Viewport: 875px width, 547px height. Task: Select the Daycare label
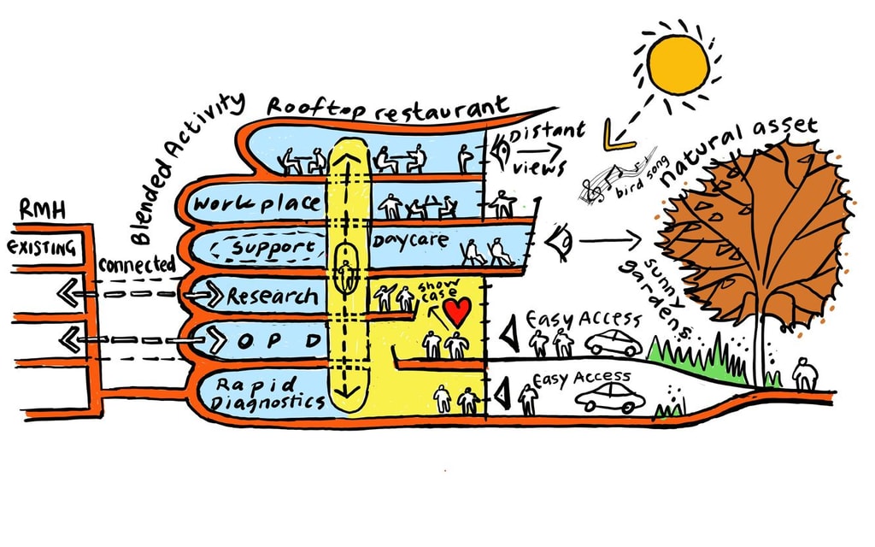(409, 240)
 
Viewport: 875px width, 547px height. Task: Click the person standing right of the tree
(803, 373)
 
